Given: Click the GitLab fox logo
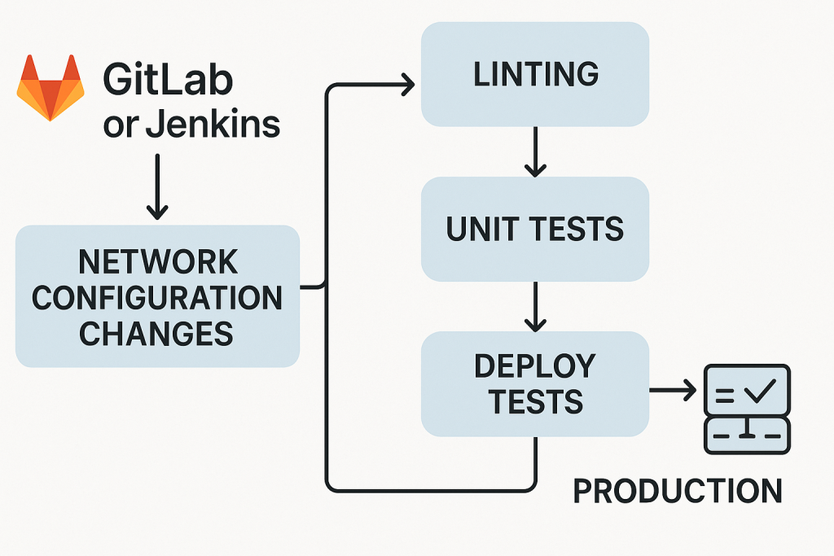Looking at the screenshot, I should click(x=50, y=87).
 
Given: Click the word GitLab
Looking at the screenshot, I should click(x=168, y=81).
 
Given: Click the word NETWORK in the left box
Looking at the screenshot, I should click(x=158, y=263).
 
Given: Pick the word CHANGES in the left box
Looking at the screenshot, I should click(x=157, y=333).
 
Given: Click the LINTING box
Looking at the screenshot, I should click(x=535, y=74).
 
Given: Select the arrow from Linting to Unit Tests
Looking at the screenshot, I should click(x=535, y=151).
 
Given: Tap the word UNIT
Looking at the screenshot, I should click(x=482, y=230).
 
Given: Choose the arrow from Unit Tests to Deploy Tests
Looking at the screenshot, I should click(x=535, y=307).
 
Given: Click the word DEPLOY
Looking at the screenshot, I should click(x=535, y=366).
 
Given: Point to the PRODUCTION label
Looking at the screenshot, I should click(x=677, y=491).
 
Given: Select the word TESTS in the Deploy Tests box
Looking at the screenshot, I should click(x=535, y=402).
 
